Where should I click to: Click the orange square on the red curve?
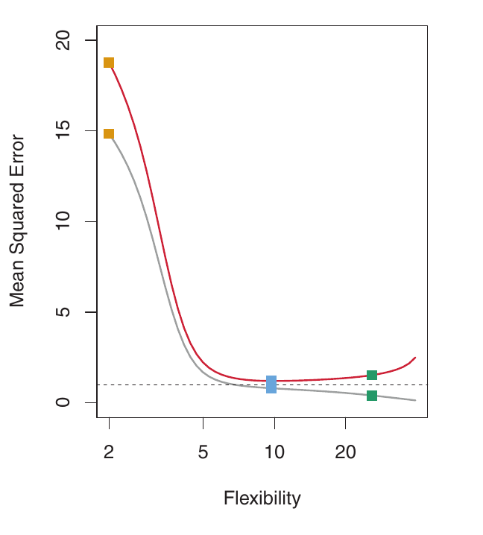109,63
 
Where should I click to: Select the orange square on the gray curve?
109,134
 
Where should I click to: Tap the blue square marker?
271,384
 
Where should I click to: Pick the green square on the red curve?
372,375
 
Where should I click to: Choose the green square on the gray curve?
372,396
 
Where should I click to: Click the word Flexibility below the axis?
262,498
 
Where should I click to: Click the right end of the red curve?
415,358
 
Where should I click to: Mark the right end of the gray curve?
415,400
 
